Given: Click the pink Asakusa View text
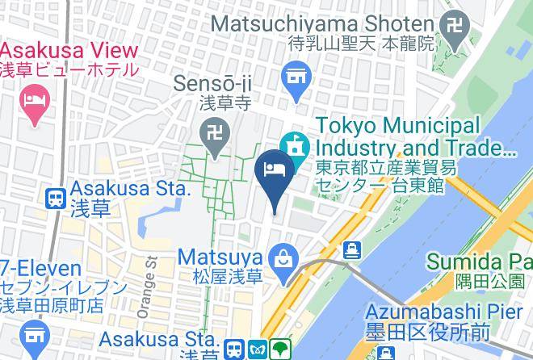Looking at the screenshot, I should click(x=69, y=50).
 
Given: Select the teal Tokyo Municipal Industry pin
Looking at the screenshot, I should click(x=295, y=145).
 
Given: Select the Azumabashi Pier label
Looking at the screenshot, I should click(x=448, y=311).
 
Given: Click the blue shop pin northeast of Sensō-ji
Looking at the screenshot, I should click(x=295, y=79).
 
